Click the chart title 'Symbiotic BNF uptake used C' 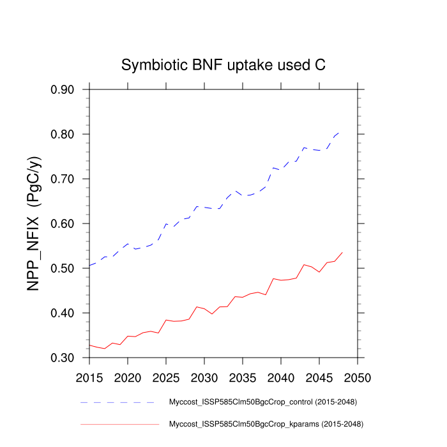click(x=223, y=65)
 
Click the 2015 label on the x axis click(x=89, y=377)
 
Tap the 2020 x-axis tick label click(x=128, y=377)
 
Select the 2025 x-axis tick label click(x=166, y=377)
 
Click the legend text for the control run click(x=262, y=402)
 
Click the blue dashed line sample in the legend click(x=118, y=402)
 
